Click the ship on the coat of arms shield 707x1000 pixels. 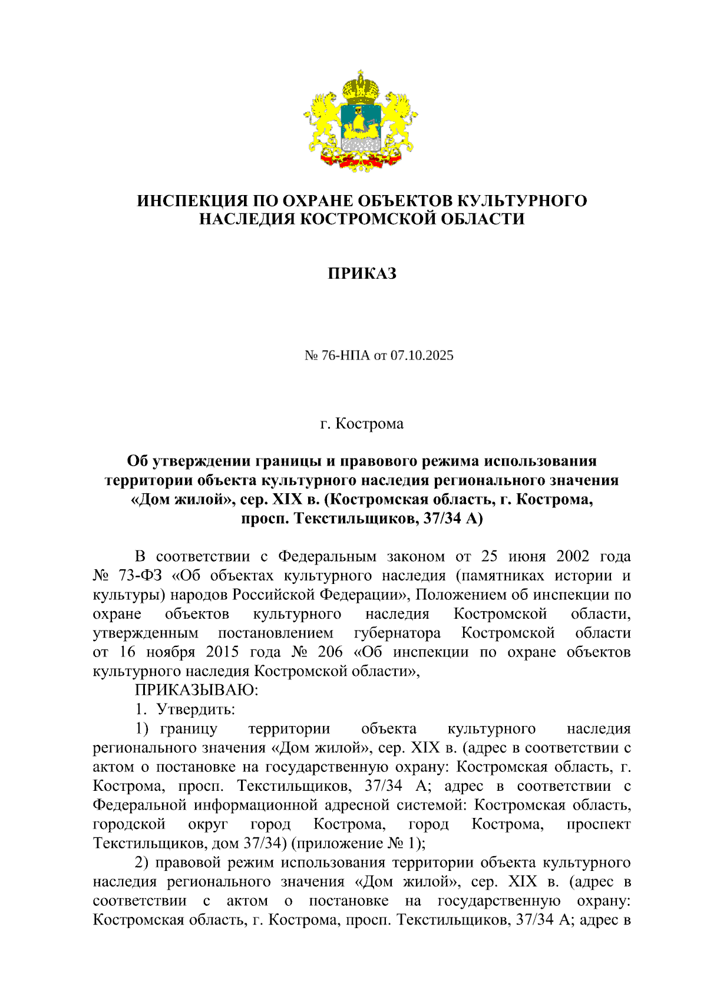pos(359,121)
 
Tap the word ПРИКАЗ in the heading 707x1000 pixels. pos(362,273)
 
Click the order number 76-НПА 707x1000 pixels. pos(346,355)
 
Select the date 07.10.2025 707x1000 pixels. pos(422,355)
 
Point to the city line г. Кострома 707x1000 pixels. pos(362,424)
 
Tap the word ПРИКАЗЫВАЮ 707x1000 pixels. pos(196,690)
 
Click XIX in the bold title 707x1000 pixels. pos(287,500)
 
